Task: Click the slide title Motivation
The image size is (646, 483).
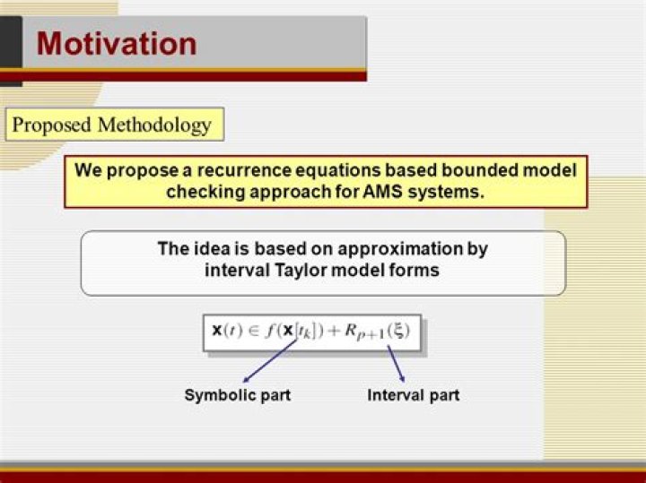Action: click(117, 43)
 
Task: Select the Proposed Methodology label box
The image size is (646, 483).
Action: click(112, 125)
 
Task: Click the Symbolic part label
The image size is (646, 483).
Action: click(237, 395)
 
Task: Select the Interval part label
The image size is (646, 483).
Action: click(414, 395)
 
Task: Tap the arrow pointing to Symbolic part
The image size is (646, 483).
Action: click(269, 362)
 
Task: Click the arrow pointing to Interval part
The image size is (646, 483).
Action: click(396, 363)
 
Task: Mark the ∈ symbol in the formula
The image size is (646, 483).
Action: click(257, 332)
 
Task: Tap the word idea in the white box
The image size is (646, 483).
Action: click(210, 248)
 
